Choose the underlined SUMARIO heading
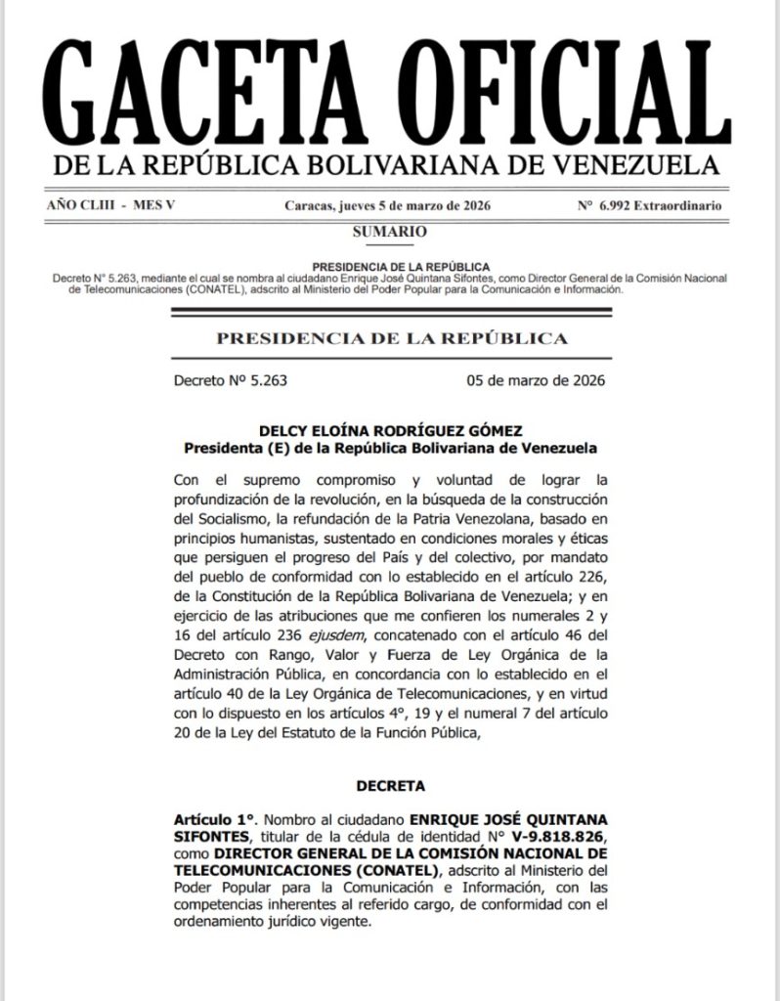click(389, 232)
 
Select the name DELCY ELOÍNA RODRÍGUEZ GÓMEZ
click(390, 430)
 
